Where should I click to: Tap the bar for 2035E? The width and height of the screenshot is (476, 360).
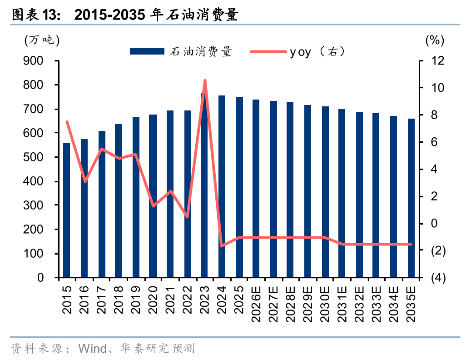click(411, 198)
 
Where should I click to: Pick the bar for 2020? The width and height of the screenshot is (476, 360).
click(153, 196)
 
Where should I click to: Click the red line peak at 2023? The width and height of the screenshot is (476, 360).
click(205, 80)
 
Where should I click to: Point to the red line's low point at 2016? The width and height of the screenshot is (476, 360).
click(85, 181)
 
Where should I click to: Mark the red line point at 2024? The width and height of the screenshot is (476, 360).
click(222, 246)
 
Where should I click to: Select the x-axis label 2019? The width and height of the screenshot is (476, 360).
click(136, 300)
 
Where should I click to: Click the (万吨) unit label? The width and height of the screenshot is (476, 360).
click(42, 40)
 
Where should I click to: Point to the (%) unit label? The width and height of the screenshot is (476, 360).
click(434, 40)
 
